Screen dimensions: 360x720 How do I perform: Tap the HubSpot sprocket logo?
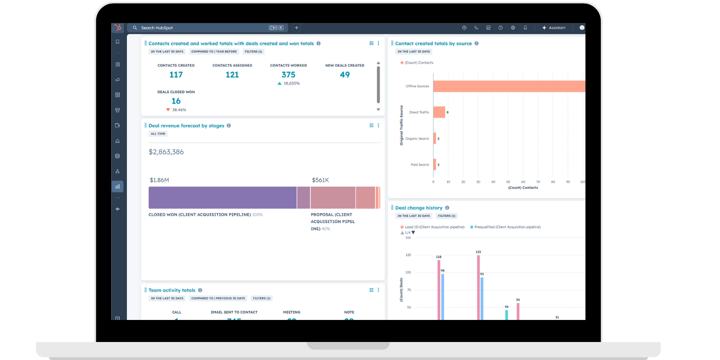coord(118,28)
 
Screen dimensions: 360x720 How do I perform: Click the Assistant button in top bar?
coord(554,28)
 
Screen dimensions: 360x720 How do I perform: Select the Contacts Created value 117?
coord(176,75)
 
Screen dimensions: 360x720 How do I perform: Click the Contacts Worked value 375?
coord(288,75)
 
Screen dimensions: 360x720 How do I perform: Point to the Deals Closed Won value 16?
coord(176,101)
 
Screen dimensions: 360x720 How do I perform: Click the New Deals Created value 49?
coord(345,75)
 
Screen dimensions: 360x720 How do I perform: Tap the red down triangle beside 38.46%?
coord(168,110)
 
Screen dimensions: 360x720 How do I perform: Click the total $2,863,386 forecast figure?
coord(166,152)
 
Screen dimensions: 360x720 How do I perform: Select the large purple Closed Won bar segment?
coord(222,198)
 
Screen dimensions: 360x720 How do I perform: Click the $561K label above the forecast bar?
coord(320,180)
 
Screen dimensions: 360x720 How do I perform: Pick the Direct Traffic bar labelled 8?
coord(439,112)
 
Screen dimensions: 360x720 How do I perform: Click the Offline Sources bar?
coord(508,86)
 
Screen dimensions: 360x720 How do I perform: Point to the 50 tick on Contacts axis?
coord(508,182)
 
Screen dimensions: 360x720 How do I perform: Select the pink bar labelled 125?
coord(478,288)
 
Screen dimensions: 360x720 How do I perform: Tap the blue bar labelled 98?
coord(443,297)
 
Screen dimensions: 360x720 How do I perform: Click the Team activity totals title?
coord(172,290)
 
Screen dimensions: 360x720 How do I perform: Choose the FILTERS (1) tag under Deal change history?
coord(446,216)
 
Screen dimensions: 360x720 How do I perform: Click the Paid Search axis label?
coord(419,165)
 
